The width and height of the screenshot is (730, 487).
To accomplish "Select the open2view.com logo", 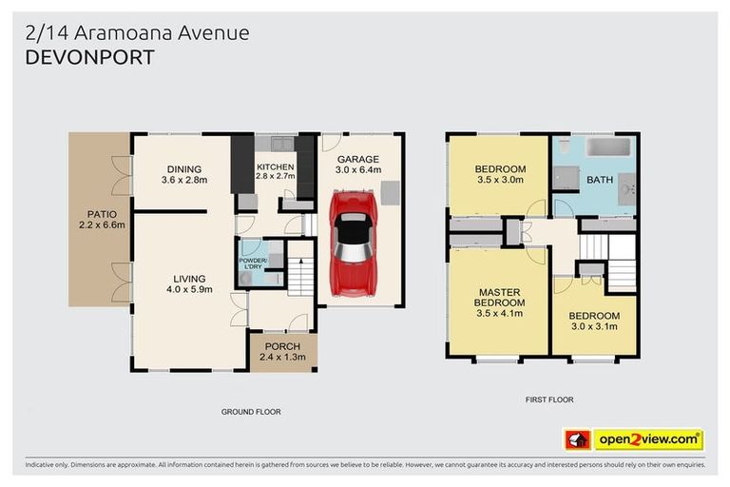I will coord(647,439).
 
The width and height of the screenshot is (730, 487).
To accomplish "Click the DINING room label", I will coord(183,169).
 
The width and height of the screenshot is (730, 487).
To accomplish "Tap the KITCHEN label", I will coord(276,166).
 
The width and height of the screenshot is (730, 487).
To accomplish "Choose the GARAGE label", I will coord(357,159).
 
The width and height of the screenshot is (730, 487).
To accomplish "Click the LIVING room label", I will coord(188,278).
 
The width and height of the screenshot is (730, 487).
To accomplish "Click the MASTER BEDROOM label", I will coord(499,298).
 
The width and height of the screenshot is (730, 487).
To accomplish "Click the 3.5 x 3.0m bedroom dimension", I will coord(499,179).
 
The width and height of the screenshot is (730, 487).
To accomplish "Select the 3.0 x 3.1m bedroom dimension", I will coord(593,326).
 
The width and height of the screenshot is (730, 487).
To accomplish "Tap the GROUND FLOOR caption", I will coord(251,412).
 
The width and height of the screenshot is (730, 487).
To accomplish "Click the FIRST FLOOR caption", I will coord(549,399).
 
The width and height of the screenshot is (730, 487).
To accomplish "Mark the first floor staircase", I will coord(620,261).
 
